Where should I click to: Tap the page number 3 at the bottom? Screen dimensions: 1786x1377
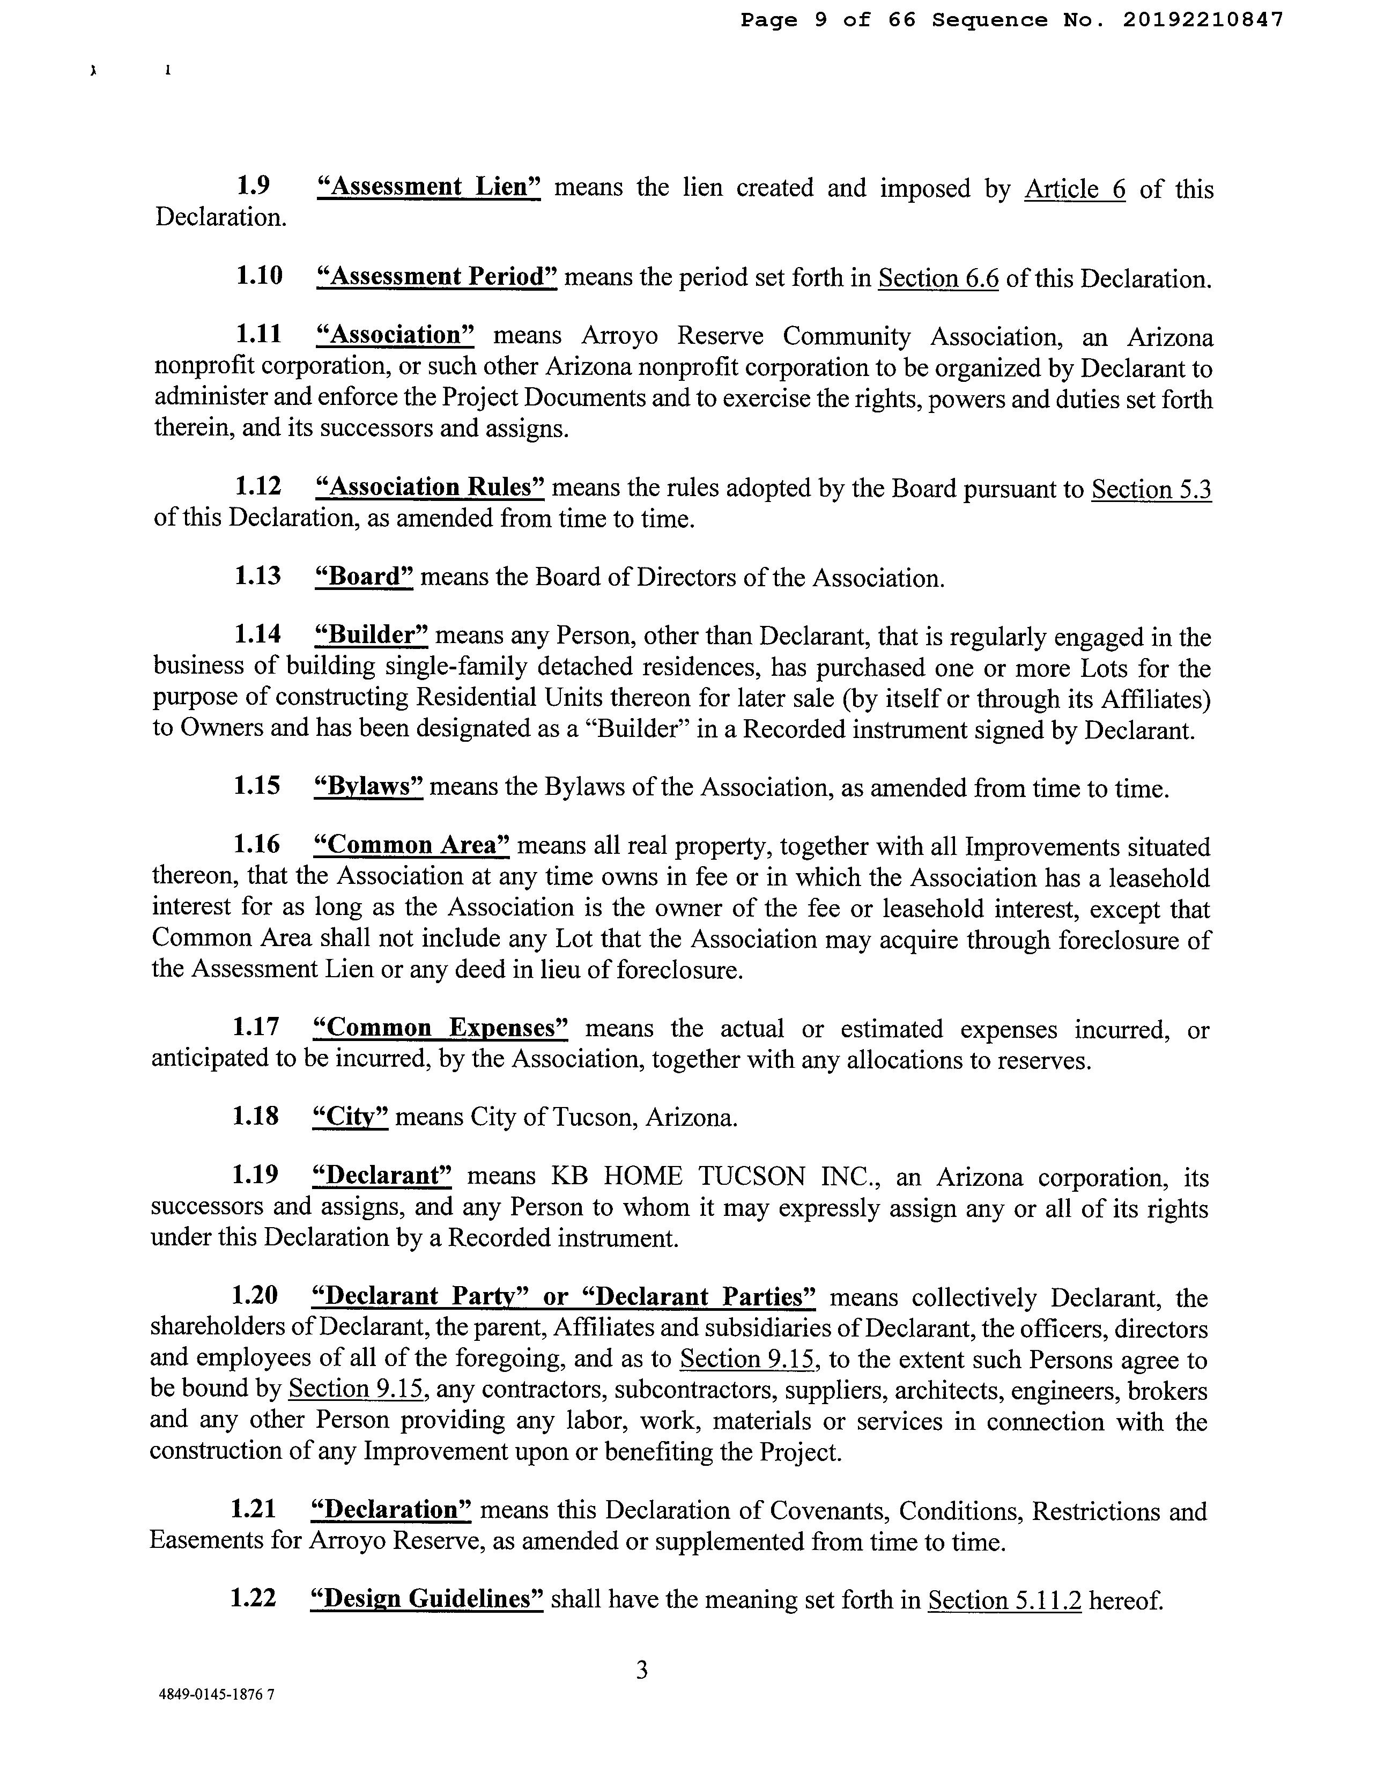(x=642, y=1670)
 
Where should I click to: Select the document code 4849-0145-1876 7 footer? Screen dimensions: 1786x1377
(x=217, y=1718)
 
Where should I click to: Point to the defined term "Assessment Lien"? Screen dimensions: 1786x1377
(x=428, y=187)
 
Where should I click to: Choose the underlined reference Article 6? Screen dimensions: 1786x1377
(x=1075, y=190)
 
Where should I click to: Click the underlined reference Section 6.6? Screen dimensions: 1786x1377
(x=939, y=279)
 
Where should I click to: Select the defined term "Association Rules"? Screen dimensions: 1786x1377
(x=430, y=488)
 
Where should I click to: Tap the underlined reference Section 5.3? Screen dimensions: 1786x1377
(x=1151, y=490)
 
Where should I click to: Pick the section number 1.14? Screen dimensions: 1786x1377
(x=257, y=634)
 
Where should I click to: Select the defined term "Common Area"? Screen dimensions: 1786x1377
(x=411, y=845)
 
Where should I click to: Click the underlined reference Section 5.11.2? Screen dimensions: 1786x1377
(x=1004, y=1600)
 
